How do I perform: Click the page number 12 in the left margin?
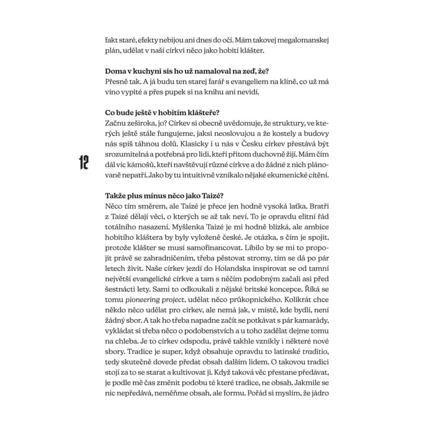click(84, 162)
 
